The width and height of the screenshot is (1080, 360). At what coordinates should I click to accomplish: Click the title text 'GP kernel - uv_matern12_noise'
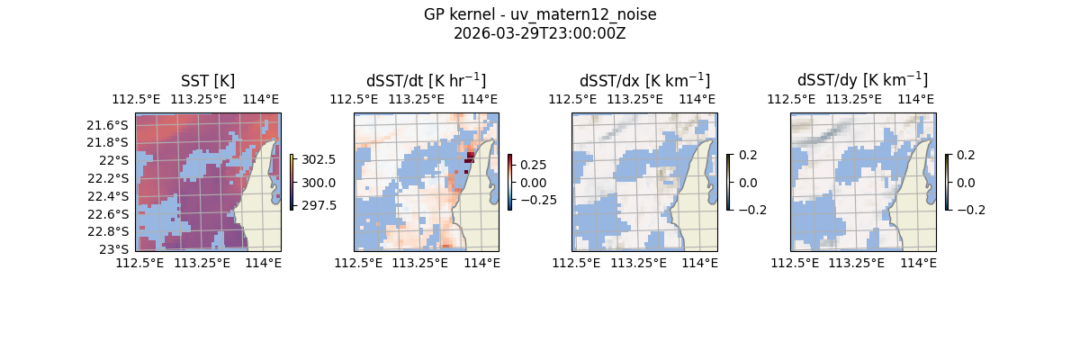click(x=540, y=14)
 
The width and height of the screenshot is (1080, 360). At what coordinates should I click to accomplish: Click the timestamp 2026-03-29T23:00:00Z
click(x=540, y=33)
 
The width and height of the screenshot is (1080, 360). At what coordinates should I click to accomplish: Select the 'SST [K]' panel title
click(x=208, y=81)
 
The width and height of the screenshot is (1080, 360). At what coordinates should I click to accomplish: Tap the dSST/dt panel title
click(x=426, y=81)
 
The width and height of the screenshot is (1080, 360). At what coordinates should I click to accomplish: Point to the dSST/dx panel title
click(x=644, y=81)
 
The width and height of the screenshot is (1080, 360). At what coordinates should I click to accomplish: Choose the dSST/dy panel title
click(x=862, y=81)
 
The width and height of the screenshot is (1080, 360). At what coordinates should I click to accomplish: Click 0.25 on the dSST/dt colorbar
click(x=533, y=166)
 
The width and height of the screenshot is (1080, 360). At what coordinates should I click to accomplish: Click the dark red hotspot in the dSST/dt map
click(x=470, y=157)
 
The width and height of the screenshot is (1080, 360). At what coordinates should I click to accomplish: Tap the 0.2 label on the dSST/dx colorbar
click(x=748, y=155)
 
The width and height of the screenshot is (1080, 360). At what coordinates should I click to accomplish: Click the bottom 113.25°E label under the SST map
click(x=202, y=263)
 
